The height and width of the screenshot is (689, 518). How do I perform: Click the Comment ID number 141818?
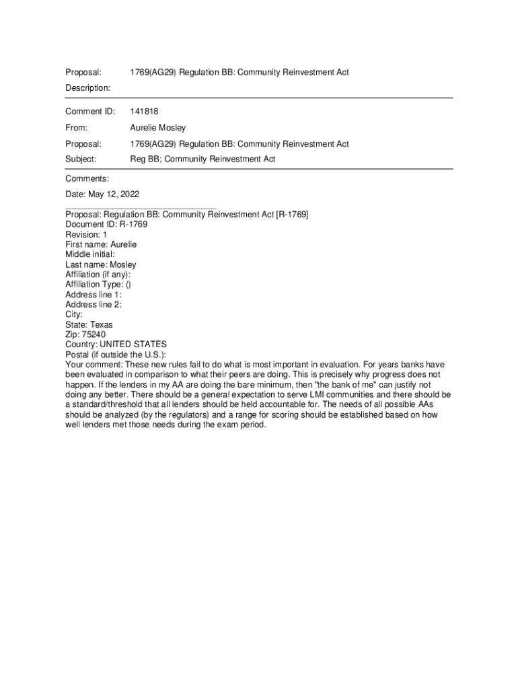point(143,111)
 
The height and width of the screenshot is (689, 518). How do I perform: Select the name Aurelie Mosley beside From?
point(157,127)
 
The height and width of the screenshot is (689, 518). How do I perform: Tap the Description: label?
point(87,87)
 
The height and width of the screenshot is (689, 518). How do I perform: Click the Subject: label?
point(81,159)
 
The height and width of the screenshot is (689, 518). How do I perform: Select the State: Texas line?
point(89,324)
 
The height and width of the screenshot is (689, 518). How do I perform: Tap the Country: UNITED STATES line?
point(116,344)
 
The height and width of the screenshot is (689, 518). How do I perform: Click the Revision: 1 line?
point(86,234)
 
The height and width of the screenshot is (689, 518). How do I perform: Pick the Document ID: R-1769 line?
point(106,224)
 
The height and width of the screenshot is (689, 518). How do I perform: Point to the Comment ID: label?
point(90,111)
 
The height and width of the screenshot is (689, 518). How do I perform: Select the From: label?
point(76,127)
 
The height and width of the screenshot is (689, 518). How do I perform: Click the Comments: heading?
point(87,178)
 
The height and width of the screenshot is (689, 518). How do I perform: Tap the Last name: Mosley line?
point(100,264)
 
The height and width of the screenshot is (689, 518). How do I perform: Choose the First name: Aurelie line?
point(101,244)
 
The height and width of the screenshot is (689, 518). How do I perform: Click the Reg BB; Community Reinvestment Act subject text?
point(202,159)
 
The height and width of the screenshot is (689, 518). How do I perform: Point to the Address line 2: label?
point(94,304)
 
